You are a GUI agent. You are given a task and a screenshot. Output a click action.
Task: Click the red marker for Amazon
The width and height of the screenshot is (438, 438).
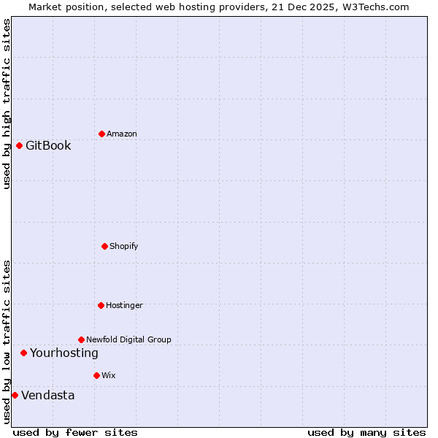coord(101,134)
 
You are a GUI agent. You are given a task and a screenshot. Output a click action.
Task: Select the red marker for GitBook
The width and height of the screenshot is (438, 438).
coord(19,145)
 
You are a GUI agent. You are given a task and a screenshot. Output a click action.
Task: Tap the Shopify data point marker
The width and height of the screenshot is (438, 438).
coord(104,246)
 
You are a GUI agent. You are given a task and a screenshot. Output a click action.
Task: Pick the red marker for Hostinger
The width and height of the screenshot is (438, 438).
coord(101,305)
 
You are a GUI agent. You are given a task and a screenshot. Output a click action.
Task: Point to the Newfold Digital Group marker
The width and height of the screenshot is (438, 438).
coord(81,339)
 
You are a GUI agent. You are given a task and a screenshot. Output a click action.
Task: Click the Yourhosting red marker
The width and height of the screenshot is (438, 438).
coord(23,353)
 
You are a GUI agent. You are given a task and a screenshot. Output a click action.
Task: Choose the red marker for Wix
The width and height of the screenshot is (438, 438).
coord(96,375)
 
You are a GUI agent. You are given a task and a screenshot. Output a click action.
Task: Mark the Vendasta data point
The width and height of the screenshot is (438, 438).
coord(15,395)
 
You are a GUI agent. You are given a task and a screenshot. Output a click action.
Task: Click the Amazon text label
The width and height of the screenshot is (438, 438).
coord(122,134)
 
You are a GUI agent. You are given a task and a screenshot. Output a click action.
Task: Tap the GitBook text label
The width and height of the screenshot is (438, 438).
coord(48,145)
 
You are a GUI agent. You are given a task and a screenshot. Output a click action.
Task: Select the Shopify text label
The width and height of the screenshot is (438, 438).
coord(124,246)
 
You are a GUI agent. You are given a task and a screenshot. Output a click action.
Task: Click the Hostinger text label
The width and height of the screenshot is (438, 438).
coord(125,305)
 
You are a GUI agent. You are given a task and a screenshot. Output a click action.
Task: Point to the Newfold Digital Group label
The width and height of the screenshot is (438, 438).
coord(129,339)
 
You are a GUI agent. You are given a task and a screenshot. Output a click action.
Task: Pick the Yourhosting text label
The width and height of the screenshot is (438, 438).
coord(64,353)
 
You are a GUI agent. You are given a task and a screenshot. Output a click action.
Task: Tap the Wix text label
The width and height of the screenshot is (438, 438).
coord(109,375)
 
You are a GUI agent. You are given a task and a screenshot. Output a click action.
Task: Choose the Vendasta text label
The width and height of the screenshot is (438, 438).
coord(48,395)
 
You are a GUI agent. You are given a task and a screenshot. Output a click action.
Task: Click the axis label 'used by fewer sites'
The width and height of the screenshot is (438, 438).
coord(75,432)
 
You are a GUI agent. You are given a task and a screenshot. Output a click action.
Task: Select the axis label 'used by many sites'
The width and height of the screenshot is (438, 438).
coord(366,432)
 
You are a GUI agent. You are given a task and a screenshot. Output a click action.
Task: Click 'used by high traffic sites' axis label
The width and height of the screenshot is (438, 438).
coord(7,104)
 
